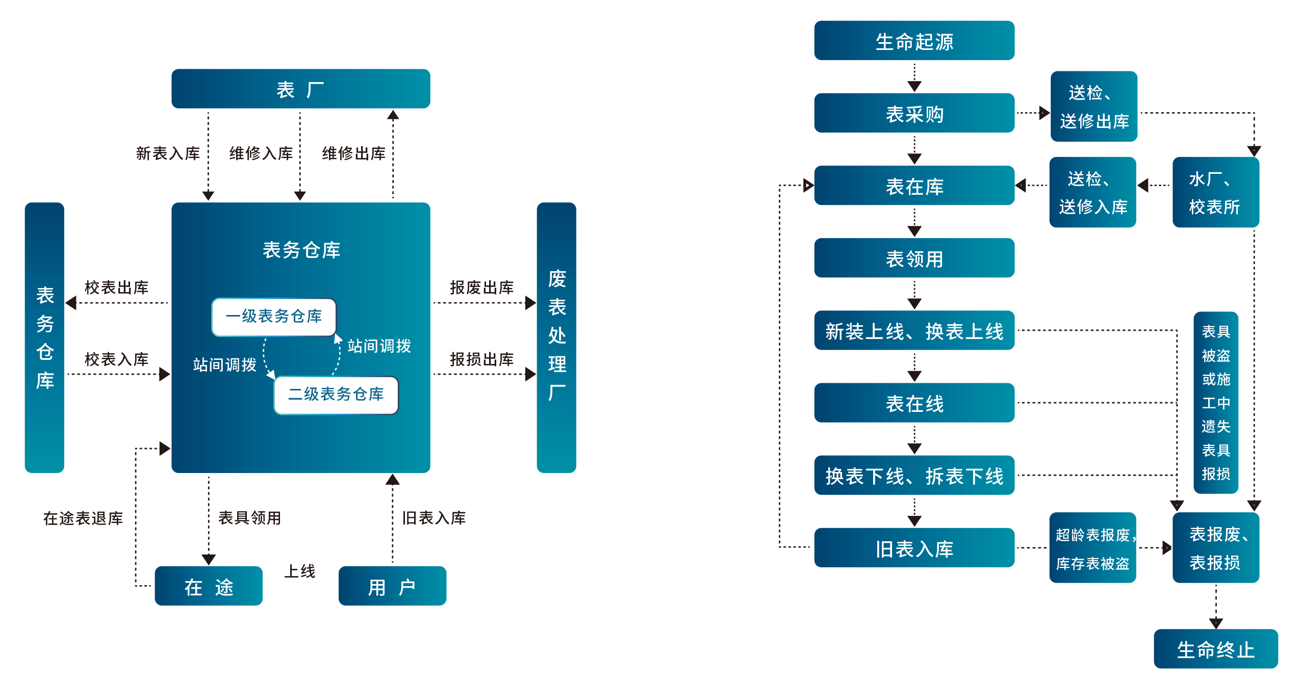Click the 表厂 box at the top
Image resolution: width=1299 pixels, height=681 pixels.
[300, 89]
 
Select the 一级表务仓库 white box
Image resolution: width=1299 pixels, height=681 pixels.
[274, 317]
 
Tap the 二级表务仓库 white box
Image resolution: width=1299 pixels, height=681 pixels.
[336, 395]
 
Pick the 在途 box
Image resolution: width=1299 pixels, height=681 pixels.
[209, 586]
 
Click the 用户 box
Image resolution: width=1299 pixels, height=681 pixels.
[392, 586]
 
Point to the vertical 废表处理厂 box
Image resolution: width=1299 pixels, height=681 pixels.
[556, 337]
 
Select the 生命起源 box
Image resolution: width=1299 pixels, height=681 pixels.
[914, 41]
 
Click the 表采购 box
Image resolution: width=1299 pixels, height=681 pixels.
[914, 114]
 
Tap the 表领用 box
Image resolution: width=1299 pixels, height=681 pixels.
[914, 258]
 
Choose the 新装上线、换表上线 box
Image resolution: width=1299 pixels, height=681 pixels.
[914, 331]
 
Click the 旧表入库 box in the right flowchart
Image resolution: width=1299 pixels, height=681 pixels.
[914, 548]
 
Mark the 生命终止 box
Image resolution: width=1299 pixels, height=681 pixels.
[1215, 649]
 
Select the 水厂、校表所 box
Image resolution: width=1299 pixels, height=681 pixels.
[1215, 192]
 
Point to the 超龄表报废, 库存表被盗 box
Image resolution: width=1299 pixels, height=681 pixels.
[1092, 548]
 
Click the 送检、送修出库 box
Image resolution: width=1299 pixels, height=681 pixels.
[1093, 107]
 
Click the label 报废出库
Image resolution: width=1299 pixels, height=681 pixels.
[481, 287]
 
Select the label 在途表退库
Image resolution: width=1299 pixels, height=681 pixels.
[83, 518]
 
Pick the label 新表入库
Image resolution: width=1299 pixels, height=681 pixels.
[167, 153]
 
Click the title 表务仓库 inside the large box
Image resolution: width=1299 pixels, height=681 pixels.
[301, 250]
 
